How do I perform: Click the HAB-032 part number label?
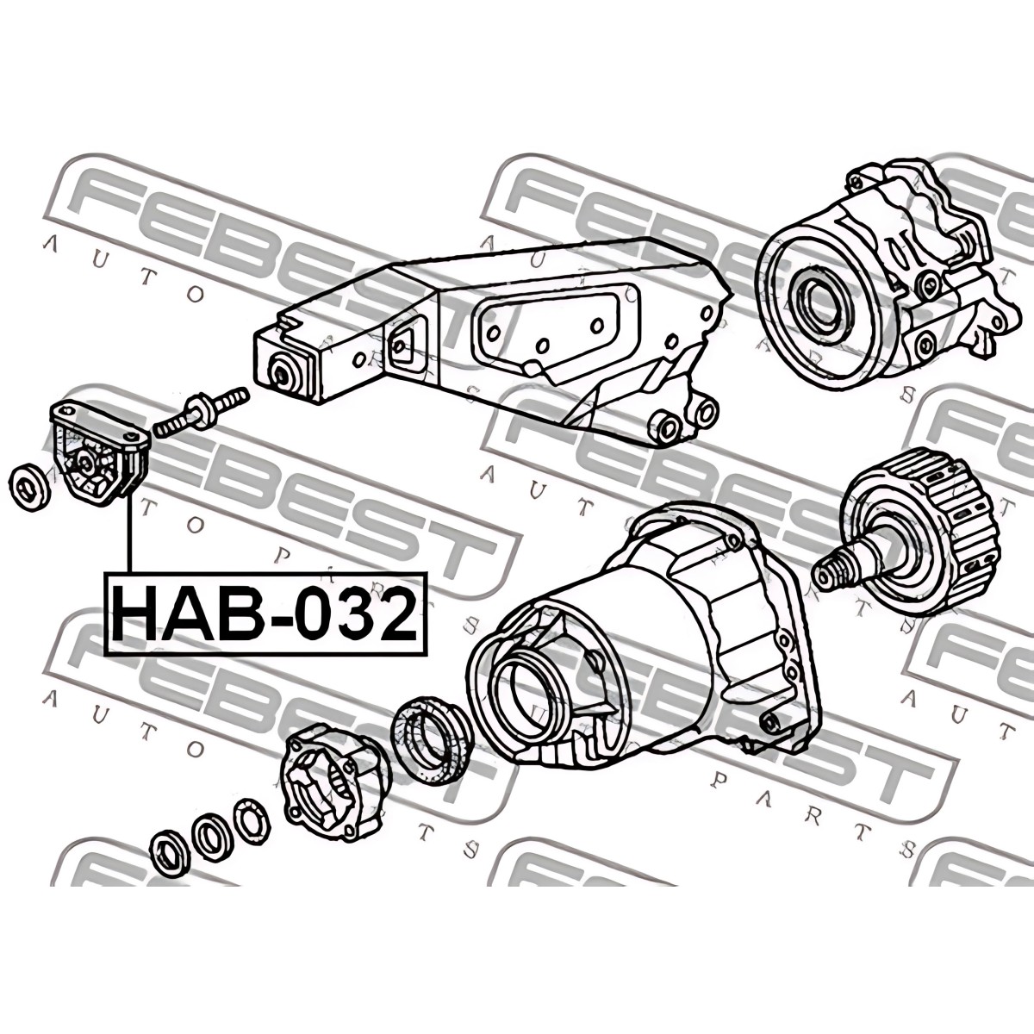click(266, 614)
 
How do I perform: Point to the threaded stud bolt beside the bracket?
click(202, 413)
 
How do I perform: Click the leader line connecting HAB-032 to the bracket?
click(128, 535)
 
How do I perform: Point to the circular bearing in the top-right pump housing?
click(818, 307)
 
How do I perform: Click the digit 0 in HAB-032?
click(319, 614)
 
